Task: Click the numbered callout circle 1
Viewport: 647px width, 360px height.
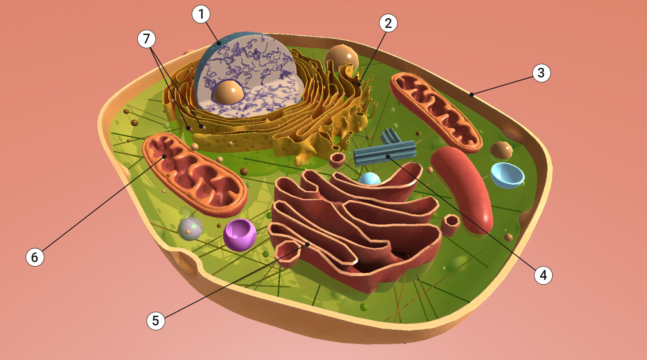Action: (x=201, y=15)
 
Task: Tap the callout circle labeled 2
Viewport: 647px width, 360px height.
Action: (x=388, y=23)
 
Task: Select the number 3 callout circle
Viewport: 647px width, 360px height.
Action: (x=541, y=73)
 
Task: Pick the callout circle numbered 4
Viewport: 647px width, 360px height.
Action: (x=543, y=275)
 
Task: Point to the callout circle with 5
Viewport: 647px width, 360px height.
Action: (x=155, y=321)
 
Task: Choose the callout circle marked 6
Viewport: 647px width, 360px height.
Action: (x=35, y=257)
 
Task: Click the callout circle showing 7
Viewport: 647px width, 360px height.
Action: (x=147, y=39)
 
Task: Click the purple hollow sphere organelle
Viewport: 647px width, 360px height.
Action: (x=240, y=234)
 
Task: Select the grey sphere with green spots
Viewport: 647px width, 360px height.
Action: (x=190, y=229)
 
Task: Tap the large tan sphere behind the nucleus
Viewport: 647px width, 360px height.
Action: (x=341, y=58)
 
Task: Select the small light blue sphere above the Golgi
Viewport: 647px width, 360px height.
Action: (x=369, y=179)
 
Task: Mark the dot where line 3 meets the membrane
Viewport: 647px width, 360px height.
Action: (x=472, y=94)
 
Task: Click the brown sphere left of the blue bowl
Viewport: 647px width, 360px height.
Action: (x=501, y=151)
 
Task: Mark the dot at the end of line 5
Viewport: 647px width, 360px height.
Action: (x=307, y=244)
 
